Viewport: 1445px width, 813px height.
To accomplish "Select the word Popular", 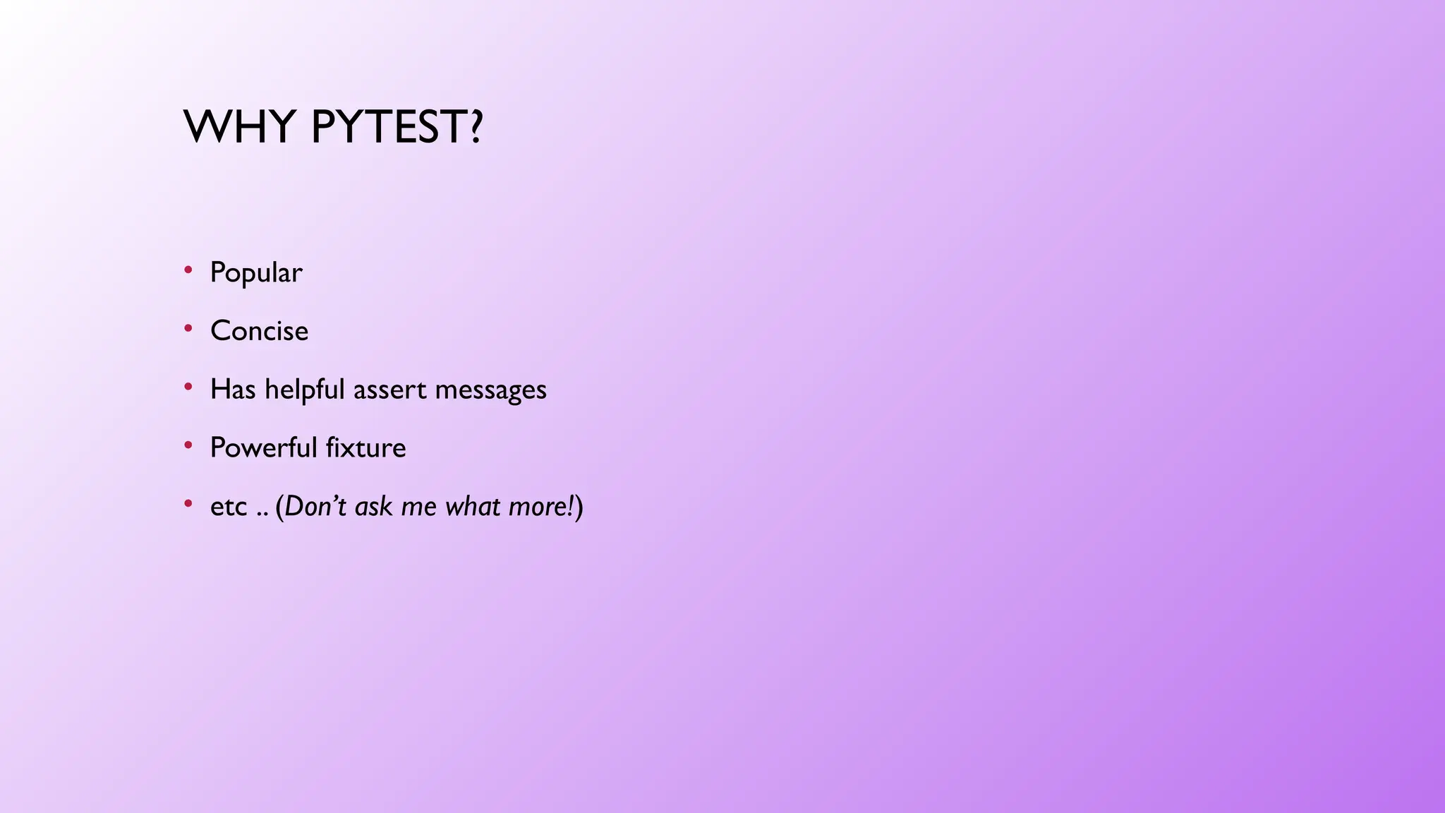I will [256, 273].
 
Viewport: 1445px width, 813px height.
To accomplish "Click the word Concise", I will [259, 331].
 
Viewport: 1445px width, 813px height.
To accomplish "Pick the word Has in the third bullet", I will [233, 390].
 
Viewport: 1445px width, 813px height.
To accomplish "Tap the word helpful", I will [304, 390].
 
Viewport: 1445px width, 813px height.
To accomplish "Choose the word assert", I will [390, 390].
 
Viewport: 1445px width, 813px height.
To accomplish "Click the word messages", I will [490, 390].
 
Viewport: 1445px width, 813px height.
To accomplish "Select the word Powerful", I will [264, 448].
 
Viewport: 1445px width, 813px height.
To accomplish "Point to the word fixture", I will [366, 448].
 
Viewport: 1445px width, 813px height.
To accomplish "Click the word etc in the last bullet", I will [229, 507].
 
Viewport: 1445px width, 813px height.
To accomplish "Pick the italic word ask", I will [373, 507].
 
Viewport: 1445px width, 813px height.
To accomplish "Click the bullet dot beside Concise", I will [188, 327].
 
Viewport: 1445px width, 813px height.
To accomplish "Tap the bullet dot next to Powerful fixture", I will [188, 445].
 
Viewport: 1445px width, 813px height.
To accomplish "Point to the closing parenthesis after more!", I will [579, 507].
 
